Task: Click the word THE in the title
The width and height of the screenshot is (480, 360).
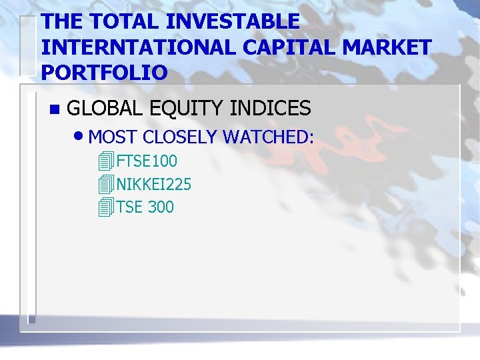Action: coord(62,21)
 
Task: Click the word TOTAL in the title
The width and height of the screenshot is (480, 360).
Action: coord(124,21)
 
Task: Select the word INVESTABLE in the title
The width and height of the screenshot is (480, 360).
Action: coord(233,21)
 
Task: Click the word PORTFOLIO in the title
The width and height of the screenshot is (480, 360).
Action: coord(104,72)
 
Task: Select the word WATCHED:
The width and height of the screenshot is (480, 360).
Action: coord(268,137)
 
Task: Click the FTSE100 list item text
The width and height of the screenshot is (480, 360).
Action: coord(147,161)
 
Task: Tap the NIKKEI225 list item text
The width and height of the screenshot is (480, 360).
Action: coord(154,184)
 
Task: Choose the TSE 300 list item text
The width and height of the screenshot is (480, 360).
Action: coord(145,207)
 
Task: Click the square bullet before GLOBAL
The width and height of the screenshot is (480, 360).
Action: coord(54,109)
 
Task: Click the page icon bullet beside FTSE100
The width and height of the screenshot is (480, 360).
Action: coord(104,161)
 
